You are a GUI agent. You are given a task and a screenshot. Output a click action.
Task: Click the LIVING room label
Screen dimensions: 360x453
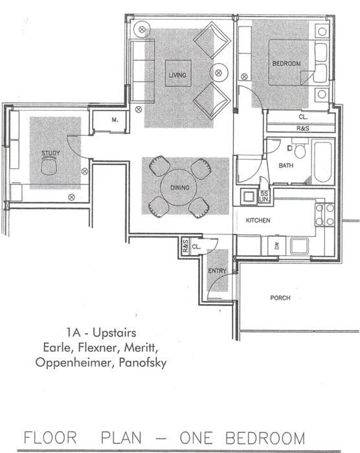[177, 75]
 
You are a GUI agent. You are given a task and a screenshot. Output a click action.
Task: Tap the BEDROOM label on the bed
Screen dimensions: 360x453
[286, 63]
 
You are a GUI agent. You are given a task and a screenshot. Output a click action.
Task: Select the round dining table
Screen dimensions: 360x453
[179, 188]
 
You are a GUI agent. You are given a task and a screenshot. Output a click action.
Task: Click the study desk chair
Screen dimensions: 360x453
[50, 167]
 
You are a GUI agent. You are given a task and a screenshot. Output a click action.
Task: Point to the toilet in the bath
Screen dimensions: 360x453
[300, 149]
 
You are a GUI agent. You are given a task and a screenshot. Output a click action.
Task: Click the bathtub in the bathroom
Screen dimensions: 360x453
[322, 162]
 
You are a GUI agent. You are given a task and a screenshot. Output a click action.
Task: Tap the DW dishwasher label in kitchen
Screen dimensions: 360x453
[277, 246]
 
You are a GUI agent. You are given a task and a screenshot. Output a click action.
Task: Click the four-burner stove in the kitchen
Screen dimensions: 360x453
[325, 214]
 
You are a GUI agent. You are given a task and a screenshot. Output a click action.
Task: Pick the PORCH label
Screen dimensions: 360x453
[280, 298]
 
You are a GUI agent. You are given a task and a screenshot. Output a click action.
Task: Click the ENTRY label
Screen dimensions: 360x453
[217, 271]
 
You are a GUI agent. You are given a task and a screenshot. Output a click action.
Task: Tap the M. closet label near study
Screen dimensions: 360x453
[115, 120]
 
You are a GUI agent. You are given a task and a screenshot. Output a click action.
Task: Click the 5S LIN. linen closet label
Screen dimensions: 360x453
[264, 197]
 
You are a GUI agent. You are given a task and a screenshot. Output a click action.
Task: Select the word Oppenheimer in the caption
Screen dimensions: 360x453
[73, 363]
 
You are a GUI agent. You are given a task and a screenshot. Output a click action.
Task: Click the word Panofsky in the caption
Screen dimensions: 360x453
[143, 363]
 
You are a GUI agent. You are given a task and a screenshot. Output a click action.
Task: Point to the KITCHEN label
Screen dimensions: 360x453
[258, 221]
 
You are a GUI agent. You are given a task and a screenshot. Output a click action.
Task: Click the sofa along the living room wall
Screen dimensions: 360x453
[142, 71]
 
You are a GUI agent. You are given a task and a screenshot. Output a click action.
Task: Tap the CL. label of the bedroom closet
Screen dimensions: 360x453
[303, 117]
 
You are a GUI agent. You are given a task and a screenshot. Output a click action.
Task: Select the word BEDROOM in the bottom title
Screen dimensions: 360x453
[265, 438]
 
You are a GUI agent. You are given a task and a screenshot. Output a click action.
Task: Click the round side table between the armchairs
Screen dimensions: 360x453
[219, 72]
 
